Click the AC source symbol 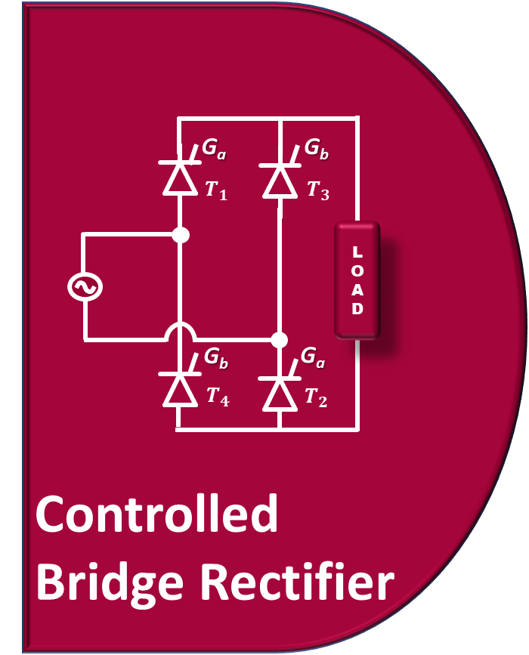[x=85, y=287]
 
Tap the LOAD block [x=357, y=280]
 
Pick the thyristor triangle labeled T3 [x=280, y=181]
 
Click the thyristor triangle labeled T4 [x=180, y=390]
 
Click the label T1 [x=215, y=190]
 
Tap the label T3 [x=317, y=190]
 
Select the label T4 [x=218, y=397]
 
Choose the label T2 [x=316, y=397]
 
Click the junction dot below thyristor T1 [x=180, y=235]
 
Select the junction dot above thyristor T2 [x=280, y=339]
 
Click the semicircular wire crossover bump [x=180, y=331]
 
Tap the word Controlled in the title [x=156, y=514]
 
